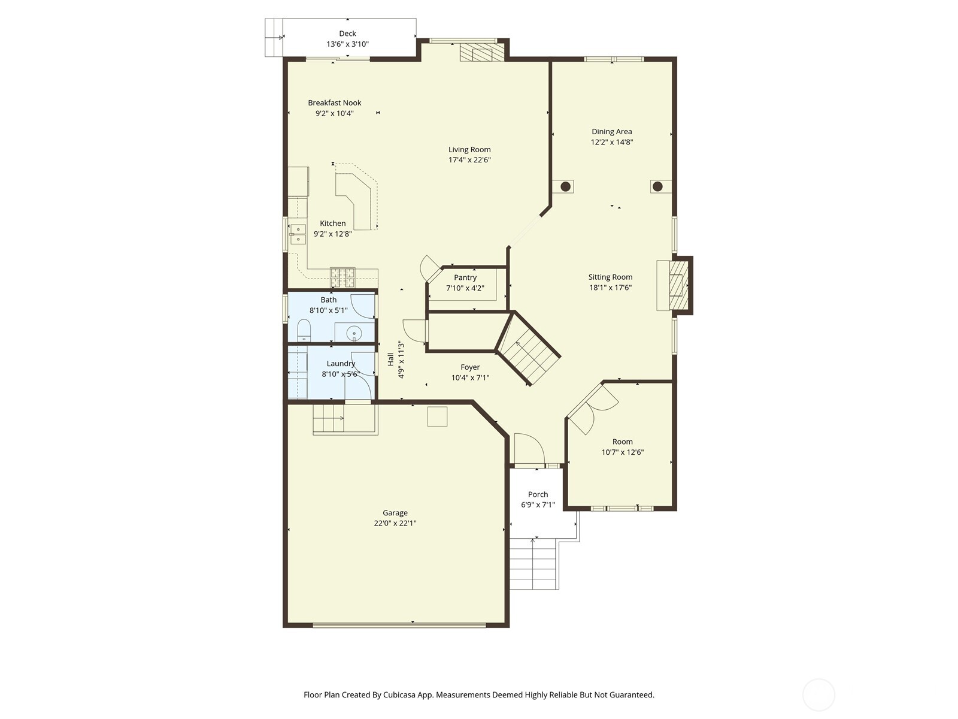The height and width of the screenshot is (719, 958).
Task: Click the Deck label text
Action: pyautogui.click(x=347, y=34)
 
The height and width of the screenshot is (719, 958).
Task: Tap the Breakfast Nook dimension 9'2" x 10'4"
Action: pyautogui.click(x=335, y=113)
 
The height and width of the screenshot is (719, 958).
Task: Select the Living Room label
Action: pyautogui.click(x=469, y=150)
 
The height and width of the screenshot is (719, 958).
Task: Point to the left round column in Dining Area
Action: pyautogui.click(x=565, y=186)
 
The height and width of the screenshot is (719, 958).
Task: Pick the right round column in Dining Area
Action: pyautogui.click(x=657, y=186)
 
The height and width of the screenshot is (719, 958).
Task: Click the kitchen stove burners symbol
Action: pyautogui.click(x=342, y=277)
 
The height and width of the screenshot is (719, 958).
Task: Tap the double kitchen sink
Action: pyautogui.click(x=298, y=234)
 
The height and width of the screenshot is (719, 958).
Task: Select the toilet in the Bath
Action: pyautogui.click(x=304, y=331)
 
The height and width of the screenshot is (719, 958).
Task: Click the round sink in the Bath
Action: pyautogui.click(x=354, y=333)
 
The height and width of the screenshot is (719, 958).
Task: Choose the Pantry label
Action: pyautogui.click(x=465, y=277)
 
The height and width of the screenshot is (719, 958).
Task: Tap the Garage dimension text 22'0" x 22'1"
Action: pyautogui.click(x=395, y=523)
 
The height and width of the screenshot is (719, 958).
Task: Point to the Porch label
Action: pyautogui.click(x=538, y=494)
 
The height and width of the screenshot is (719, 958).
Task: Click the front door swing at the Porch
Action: pyautogui.click(x=528, y=449)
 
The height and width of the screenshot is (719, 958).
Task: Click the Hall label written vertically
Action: pyautogui.click(x=390, y=359)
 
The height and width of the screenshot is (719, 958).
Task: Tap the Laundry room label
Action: pyautogui.click(x=341, y=364)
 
